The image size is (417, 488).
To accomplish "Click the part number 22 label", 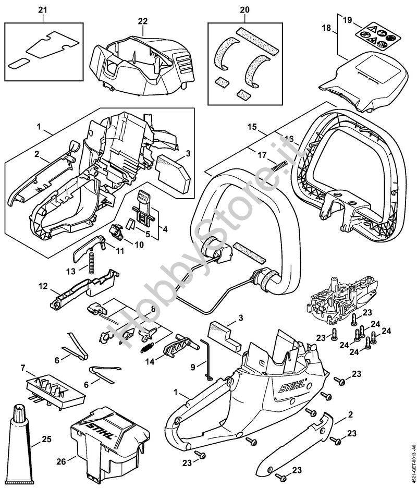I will click(143, 21).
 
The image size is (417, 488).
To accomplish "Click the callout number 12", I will click(43, 286).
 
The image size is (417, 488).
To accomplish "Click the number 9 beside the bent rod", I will click(193, 367).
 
